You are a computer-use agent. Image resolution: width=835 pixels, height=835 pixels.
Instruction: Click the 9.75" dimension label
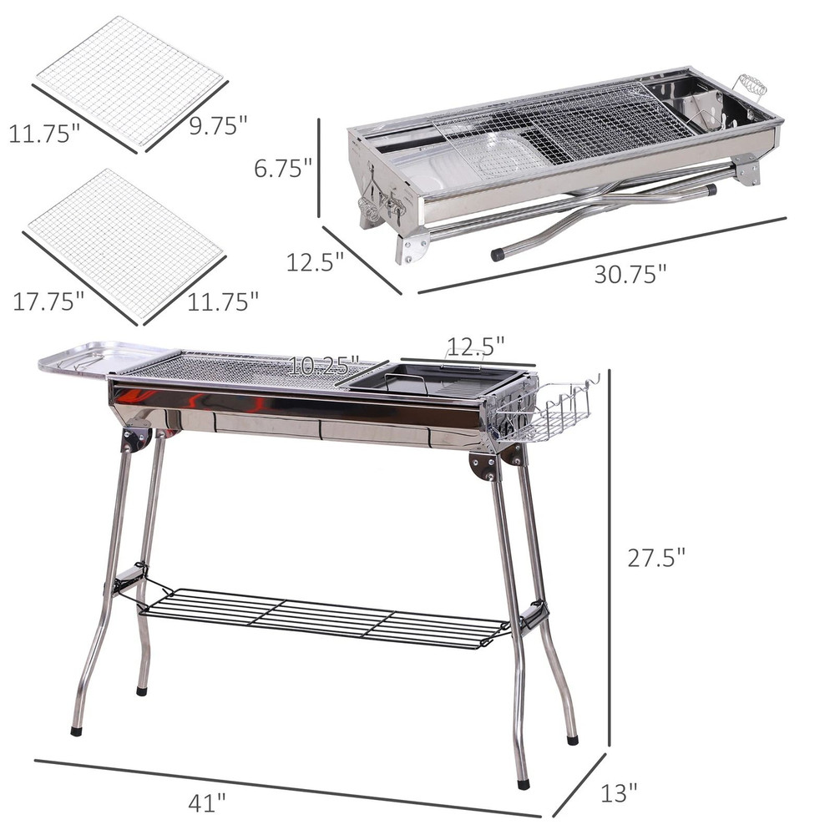[218, 125]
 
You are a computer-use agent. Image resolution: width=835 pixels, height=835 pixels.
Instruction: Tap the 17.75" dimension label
[48, 301]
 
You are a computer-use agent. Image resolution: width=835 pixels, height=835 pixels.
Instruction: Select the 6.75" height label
[284, 169]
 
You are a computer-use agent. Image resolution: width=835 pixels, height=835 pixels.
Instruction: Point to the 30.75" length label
[630, 274]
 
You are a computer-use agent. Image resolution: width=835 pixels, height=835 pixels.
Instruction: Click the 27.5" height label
[656, 557]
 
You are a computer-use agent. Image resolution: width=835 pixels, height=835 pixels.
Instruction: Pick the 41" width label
[206, 803]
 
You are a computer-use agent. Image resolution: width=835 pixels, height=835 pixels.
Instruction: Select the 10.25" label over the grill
[325, 365]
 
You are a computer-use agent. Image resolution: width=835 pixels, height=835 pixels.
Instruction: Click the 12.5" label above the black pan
[476, 345]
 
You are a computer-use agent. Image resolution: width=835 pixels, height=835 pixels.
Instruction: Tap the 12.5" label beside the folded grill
[316, 262]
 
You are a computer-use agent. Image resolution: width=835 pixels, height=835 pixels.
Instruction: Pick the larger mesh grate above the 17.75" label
[125, 242]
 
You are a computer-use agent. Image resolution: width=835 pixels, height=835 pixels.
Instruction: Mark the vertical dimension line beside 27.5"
[610, 557]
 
